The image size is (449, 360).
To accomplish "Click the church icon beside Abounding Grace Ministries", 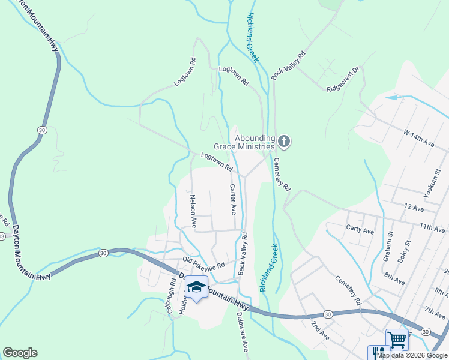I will [x=284, y=142].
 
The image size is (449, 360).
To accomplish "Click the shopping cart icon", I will [x=397, y=340].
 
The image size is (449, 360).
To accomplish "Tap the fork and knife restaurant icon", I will [x=376, y=353].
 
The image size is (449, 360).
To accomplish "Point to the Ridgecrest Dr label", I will [x=343, y=80].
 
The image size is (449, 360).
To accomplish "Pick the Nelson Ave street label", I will [x=193, y=211].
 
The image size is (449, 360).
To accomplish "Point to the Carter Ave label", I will [x=232, y=200].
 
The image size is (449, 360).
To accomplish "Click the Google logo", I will [x=20, y=353].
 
